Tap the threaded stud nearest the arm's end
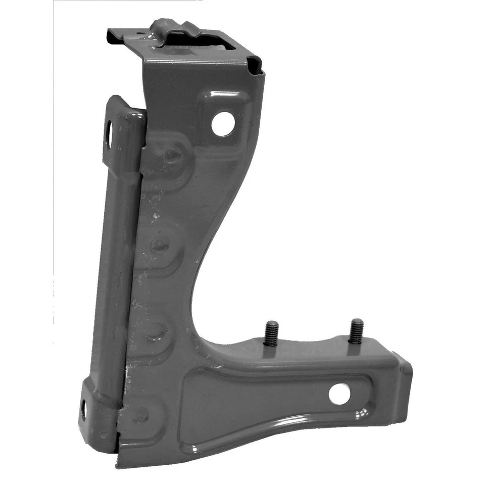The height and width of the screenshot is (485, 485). pos(356,331)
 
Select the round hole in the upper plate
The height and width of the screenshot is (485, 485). pos(223,124)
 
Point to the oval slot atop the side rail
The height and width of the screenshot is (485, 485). pos(109,133)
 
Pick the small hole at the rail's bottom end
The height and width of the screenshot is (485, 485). pos(83,410)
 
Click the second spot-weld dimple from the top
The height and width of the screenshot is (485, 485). pos(160,246)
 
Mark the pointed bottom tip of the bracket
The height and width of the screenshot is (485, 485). pos(119,462)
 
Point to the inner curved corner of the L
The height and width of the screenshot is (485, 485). pos(200,323)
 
